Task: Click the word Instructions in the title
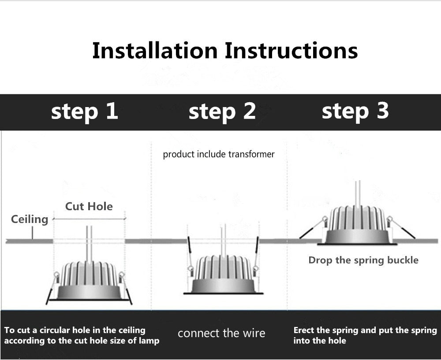pyautogui.click(x=291, y=51)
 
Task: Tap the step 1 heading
pyautogui.click(x=85, y=111)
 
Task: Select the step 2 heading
pyautogui.click(x=222, y=111)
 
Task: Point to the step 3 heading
pyautogui.click(x=355, y=111)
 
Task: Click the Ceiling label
pyautogui.click(x=30, y=219)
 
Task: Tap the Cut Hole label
pyautogui.click(x=89, y=206)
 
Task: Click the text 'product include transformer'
pyautogui.click(x=219, y=154)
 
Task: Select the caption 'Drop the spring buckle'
pyautogui.click(x=363, y=260)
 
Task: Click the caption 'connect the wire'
pyautogui.click(x=221, y=333)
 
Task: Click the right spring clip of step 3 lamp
pyautogui.click(x=402, y=229)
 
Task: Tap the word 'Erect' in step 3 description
pyautogui.click(x=304, y=330)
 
